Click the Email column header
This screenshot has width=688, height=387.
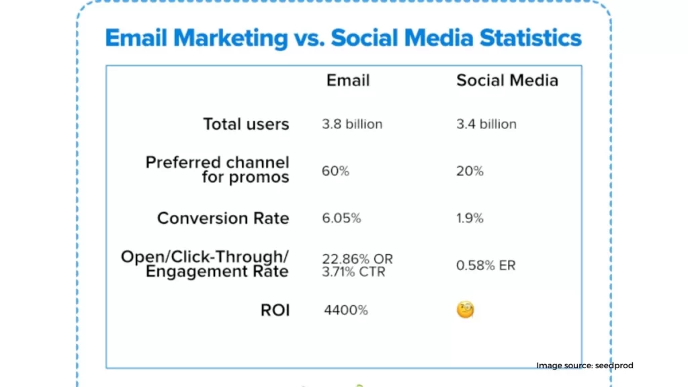point(348,81)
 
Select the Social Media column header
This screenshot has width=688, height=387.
point(507,81)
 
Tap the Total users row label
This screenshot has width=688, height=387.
point(246,124)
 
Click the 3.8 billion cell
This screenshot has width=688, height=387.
point(352,124)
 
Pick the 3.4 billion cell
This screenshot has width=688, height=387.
point(486,124)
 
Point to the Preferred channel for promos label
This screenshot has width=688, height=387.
point(217,169)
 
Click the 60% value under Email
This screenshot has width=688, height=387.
point(335,171)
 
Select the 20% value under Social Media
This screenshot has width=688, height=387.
point(470,171)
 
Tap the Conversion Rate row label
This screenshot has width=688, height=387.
point(223,218)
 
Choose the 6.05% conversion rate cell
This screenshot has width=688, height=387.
point(341,218)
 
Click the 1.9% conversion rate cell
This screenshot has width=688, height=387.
point(470,218)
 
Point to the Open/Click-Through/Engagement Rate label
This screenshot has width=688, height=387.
point(204,263)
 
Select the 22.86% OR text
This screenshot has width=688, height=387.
point(357,259)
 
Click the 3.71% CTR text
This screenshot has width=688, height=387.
point(353,271)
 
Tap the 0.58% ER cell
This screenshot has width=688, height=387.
point(486,265)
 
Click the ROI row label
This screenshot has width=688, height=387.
point(275,310)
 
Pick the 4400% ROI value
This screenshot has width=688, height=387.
point(346,310)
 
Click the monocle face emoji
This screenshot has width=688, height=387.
point(465,310)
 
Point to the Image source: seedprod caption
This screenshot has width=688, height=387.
point(585,365)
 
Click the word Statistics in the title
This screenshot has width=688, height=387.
point(531,38)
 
